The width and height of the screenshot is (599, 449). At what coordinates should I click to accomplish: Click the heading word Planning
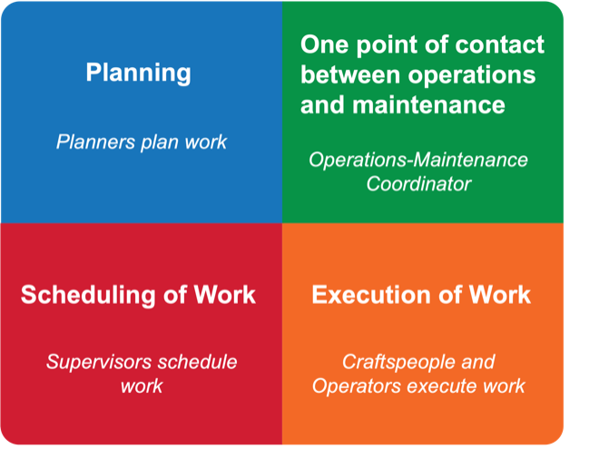tap(138, 73)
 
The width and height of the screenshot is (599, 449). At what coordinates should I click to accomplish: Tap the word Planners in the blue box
tap(95, 142)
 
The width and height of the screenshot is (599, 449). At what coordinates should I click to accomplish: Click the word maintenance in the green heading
tap(428, 104)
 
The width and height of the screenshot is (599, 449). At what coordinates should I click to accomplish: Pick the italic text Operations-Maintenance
tap(418, 160)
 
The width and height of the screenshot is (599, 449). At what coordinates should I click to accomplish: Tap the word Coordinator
tap(418, 184)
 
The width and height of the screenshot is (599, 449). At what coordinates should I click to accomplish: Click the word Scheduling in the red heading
tap(89, 296)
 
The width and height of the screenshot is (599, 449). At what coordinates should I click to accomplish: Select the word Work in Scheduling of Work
tap(225, 295)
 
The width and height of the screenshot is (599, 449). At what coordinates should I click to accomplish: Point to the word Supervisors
tap(99, 362)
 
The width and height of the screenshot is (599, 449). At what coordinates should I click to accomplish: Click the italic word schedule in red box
tap(197, 362)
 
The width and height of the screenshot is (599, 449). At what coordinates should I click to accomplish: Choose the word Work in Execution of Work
tap(500, 295)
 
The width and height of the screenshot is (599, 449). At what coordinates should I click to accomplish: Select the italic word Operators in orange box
tap(357, 386)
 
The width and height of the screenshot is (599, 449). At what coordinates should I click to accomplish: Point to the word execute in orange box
tap(442, 386)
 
